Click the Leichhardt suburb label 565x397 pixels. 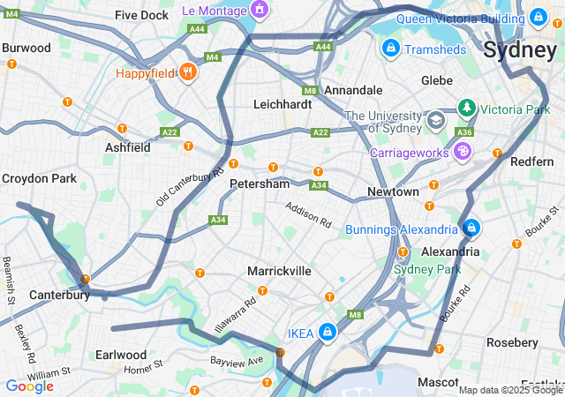282,104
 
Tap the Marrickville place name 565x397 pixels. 279,271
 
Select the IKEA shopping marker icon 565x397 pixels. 328,332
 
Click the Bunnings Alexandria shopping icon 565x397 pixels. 471,228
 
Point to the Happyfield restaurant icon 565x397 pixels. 186,72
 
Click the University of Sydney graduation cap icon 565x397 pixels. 435,119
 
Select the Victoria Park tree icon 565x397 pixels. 466,109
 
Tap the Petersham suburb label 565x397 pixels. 259,184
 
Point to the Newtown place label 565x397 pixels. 393,191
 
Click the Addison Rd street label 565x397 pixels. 307,214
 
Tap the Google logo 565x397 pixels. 29,386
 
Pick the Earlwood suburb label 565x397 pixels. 121,355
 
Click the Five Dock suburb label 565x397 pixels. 141,16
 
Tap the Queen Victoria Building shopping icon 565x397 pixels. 538,17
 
